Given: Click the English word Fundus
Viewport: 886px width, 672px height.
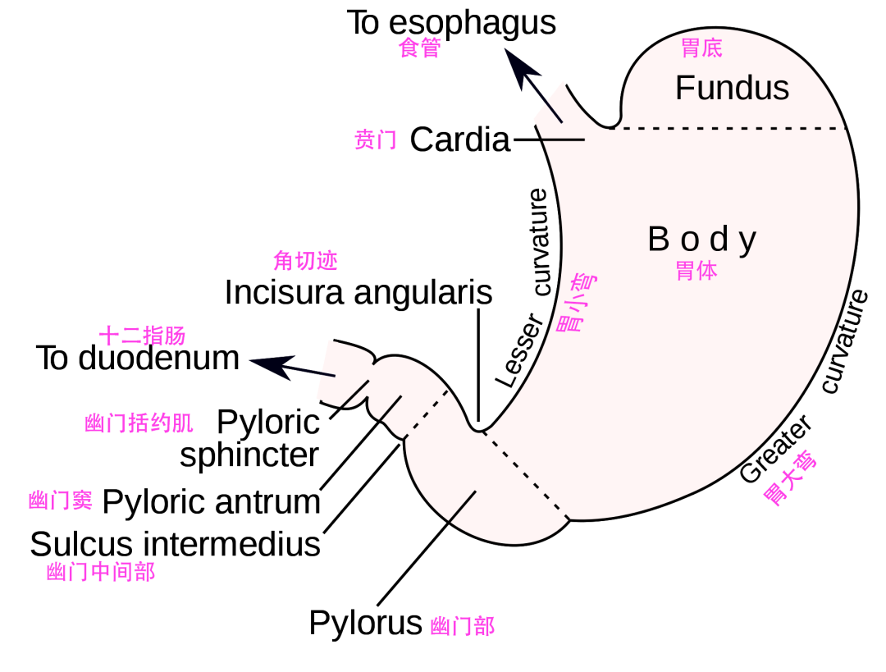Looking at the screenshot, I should click(732, 89).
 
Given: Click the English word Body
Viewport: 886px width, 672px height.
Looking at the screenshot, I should click(702, 240).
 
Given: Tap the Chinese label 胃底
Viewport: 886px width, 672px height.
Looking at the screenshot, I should click(701, 48).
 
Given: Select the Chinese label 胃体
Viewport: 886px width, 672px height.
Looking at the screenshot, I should click(696, 271).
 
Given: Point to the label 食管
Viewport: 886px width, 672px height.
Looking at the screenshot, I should click(419, 48).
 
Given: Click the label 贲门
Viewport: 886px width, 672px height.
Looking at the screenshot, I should click(376, 139).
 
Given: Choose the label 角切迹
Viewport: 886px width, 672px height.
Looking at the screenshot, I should click(305, 261).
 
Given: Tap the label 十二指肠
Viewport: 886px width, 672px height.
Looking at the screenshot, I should click(142, 336).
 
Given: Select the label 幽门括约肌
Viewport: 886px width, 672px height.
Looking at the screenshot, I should click(139, 423).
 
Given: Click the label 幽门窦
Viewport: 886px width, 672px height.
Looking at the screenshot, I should click(61, 500).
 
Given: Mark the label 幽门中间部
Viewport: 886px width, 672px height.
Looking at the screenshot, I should click(101, 572).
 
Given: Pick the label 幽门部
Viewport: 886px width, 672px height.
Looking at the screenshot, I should click(462, 626).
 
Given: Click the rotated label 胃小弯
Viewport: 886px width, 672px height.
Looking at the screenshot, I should click(576, 303).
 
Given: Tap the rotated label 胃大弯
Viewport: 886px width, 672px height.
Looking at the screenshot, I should click(789, 478).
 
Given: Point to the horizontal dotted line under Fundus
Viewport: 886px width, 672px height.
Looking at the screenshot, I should click(730, 129).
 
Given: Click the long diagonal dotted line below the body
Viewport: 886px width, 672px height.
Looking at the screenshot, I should click(525, 475).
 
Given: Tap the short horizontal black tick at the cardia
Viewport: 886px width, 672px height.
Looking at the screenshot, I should click(563, 140).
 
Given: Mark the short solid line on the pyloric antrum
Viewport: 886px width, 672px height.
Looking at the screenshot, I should click(463, 506).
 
